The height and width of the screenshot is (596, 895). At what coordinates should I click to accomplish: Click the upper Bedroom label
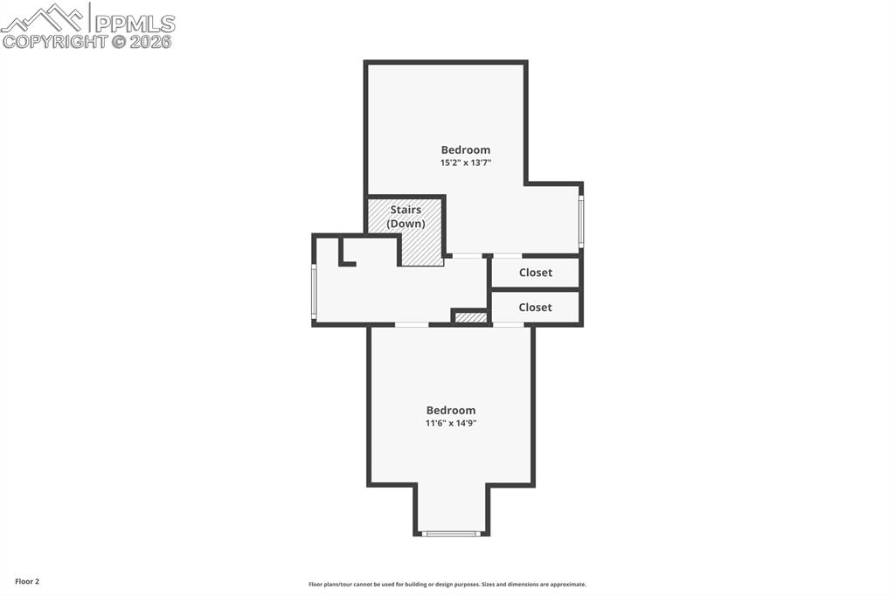point(465,149)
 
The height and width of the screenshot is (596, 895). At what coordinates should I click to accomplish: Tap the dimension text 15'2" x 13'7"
point(465,163)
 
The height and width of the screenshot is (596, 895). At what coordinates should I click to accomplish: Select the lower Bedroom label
point(451,410)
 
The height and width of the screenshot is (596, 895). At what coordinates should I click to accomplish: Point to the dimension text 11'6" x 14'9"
point(451,423)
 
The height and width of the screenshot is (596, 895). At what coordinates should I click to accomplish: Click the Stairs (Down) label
point(406,217)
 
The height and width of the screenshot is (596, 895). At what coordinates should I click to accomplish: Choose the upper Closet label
point(535,273)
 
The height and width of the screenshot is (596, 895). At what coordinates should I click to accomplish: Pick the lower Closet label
point(535,308)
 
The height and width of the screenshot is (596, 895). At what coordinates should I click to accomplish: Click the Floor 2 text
point(27,581)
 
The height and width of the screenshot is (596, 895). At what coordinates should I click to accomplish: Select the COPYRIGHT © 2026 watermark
point(87,41)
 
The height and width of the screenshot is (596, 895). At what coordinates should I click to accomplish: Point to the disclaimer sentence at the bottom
point(447,585)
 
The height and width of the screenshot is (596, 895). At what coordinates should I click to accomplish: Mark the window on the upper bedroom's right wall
point(580,221)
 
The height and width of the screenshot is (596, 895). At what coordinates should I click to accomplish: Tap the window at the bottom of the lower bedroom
point(451,533)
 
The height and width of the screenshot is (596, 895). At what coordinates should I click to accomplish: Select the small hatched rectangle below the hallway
point(471,317)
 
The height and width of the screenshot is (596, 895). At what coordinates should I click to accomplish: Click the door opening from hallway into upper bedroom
point(467,255)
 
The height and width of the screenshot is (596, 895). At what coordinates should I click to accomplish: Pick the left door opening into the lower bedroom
point(412,325)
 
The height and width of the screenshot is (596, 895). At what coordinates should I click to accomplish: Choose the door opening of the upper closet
point(508,255)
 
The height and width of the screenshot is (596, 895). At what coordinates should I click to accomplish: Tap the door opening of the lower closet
point(508,325)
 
